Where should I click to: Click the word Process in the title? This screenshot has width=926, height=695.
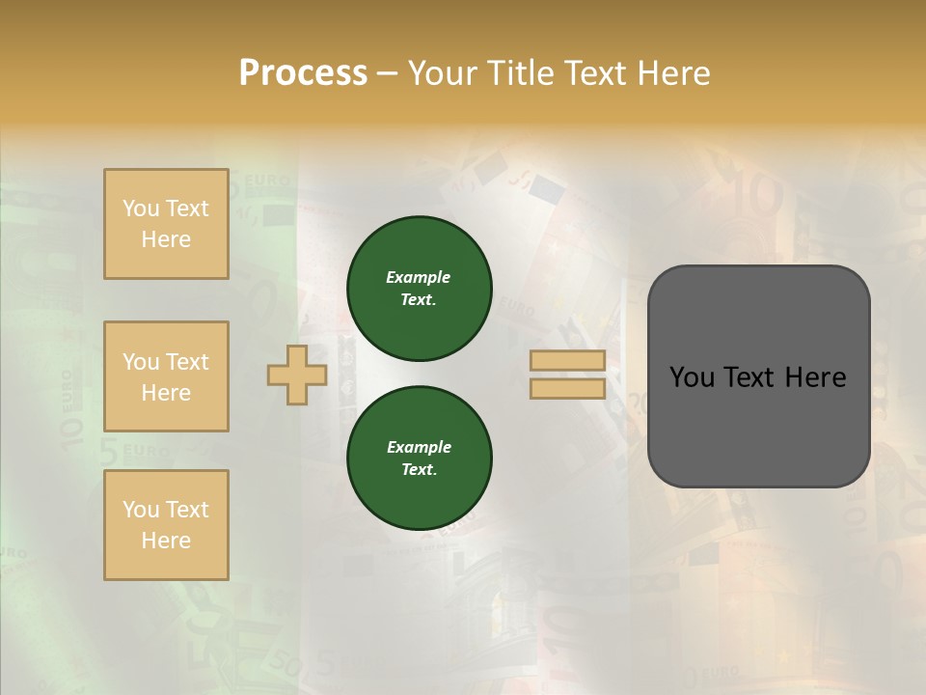(303, 73)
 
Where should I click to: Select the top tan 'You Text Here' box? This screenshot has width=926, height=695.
(166, 224)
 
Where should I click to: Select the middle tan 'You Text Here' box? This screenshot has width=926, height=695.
(166, 376)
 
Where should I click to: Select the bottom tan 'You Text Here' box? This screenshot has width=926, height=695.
(166, 524)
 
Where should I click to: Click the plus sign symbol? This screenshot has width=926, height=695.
(297, 375)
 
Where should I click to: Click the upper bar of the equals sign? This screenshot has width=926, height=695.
(567, 361)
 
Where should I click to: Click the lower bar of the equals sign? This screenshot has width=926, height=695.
(567, 388)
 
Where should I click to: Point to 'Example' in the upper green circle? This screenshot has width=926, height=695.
(418, 277)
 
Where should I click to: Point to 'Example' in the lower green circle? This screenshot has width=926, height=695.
(418, 447)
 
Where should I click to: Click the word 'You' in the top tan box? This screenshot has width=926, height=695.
(141, 208)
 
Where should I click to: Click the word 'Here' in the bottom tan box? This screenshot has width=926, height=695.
(166, 541)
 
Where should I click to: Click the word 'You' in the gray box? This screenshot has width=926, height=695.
(692, 377)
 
